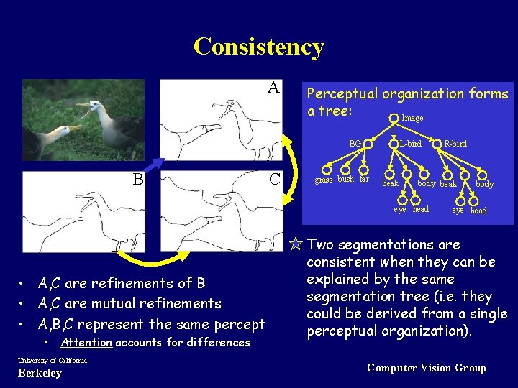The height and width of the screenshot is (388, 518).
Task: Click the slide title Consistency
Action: (x=259, y=47)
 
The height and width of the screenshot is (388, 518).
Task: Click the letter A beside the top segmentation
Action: (x=273, y=88)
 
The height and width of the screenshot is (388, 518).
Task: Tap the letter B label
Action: (x=137, y=179)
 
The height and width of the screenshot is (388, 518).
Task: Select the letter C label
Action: (x=274, y=179)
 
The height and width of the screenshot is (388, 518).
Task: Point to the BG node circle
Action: (x=368, y=144)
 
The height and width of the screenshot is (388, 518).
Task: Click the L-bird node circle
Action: (x=394, y=144)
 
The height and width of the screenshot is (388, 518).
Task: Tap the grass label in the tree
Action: (x=324, y=180)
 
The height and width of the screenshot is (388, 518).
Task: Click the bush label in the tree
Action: (x=346, y=179)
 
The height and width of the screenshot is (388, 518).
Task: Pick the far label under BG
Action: (x=364, y=179)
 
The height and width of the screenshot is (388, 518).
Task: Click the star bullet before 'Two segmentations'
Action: (x=295, y=244)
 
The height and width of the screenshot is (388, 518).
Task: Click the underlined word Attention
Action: (x=86, y=343)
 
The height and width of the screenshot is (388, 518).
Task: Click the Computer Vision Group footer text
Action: (x=426, y=368)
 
